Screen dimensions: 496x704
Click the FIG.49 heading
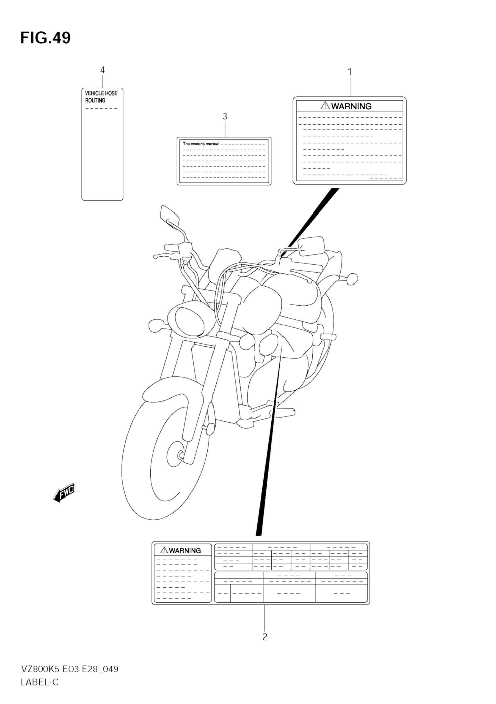pyautogui.click(x=45, y=38)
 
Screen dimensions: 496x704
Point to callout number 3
pyautogui.click(x=225, y=116)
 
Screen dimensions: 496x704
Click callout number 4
pyautogui.click(x=103, y=70)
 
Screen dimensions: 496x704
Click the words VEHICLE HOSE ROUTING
pyautogui.click(x=101, y=97)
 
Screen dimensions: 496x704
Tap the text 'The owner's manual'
pyautogui.click(x=201, y=144)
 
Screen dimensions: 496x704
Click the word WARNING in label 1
pyautogui.click(x=351, y=106)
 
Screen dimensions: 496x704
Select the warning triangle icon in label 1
pyautogui.click(x=325, y=106)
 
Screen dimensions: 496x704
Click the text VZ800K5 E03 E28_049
pyautogui.click(x=70, y=669)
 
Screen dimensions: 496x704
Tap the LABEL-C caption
pyautogui.click(x=40, y=682)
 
